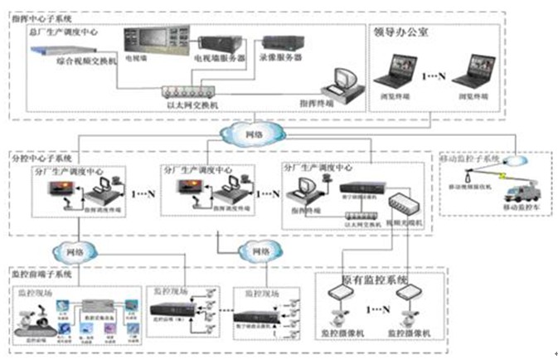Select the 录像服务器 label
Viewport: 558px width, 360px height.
tap(281, 59)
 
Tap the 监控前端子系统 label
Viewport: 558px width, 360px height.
tap(41, 273)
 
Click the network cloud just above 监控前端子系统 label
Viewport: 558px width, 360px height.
tap(68, 251)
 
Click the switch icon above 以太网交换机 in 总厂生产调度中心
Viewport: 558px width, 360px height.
tap(191, 92)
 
